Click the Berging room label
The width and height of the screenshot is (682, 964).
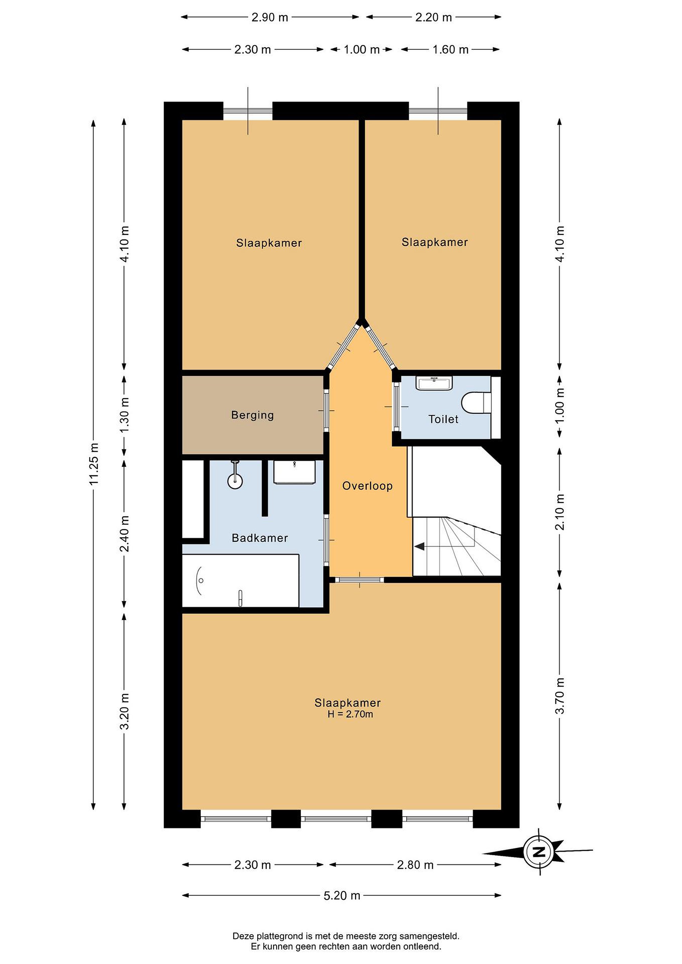[x=252, y=415]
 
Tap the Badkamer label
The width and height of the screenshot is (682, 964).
[x=259, y=538]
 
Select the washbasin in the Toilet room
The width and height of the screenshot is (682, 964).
[x=434, y=383]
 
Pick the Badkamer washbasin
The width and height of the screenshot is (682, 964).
[x=294, y=472]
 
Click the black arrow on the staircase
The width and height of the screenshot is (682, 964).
[x=420, y=546]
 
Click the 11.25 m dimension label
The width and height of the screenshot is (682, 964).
[x=94, y=464]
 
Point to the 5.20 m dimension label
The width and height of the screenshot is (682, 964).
[x=342, y=896]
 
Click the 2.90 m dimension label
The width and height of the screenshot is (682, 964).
[x=270, y=17]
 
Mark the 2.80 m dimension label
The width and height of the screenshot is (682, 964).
[x=415, y=865]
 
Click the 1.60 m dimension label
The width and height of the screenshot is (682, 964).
[x=450, y=50]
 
